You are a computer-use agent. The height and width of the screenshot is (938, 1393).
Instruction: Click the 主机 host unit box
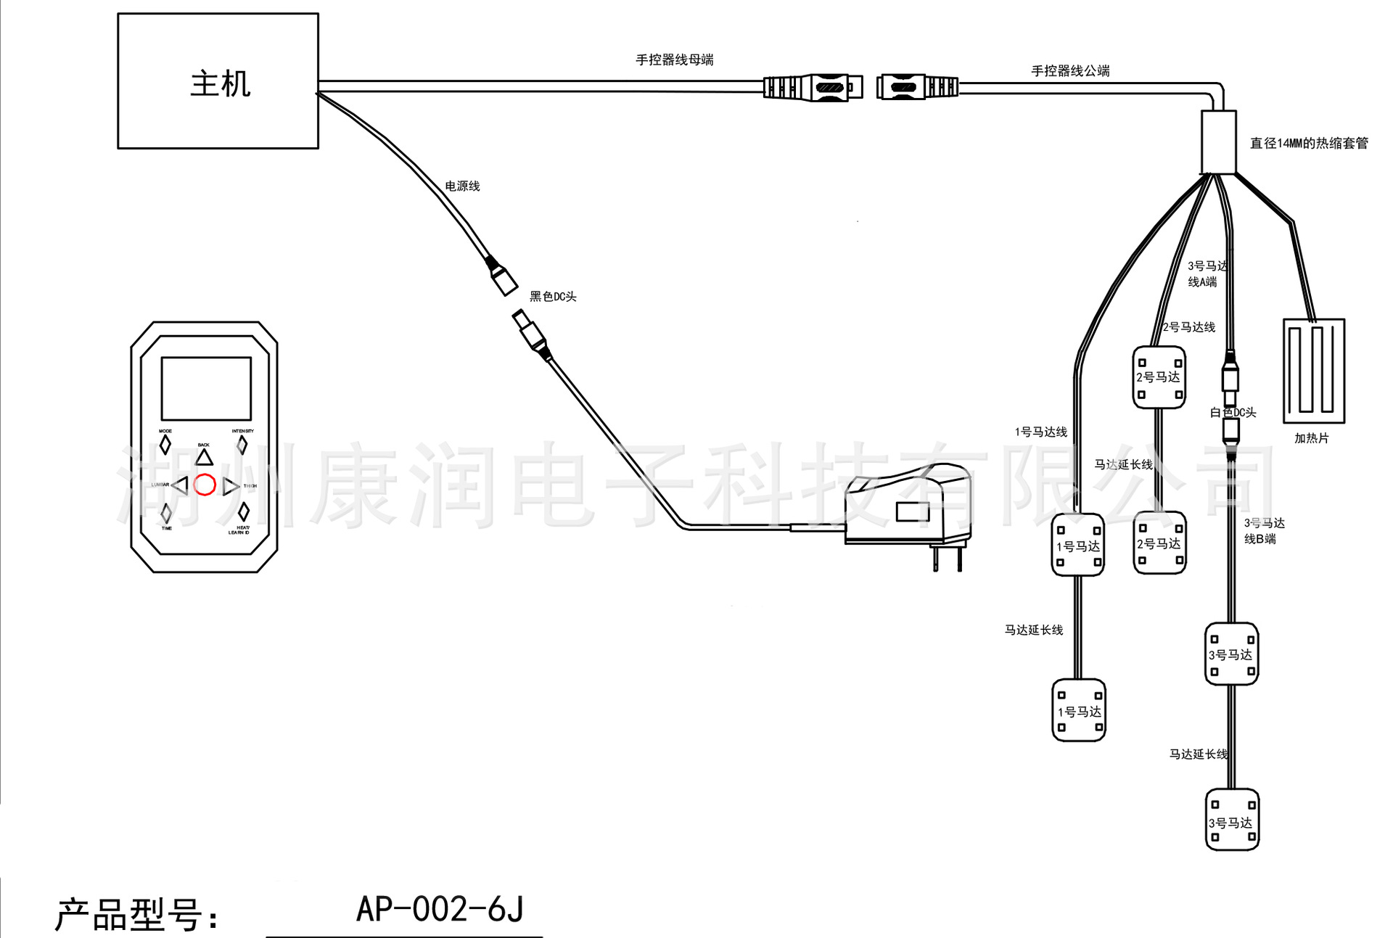pyautogui.click(x=218, y=81)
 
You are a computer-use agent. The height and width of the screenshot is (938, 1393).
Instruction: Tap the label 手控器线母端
pyautogui.click(x=674, y=60)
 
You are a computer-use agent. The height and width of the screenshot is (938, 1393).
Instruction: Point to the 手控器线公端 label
pyautogui.click(x=1070, y=71)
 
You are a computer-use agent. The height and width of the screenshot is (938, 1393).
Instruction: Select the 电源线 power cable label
pyautogui.click(x=462, y=186)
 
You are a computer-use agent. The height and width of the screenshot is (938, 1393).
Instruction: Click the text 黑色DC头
pyautogui.click(x=553, y=297)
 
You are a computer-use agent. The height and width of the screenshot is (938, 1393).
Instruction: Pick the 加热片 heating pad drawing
pyautogui.click(x=1313, y=371)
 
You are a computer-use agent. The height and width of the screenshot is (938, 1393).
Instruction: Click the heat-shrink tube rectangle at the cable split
pyautogui.click(x=1218, y=142)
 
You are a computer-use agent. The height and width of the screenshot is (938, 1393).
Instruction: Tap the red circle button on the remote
pyautogui.click(x=205, y=485)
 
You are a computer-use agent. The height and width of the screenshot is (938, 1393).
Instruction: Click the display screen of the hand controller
pyautogui.click(x=206, y=388)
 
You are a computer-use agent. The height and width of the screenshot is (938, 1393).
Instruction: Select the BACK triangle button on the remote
pyautogui.click(x=204, y=457)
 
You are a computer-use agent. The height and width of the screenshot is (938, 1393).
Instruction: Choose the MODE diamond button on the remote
pyautogui.click(x=165, y=445)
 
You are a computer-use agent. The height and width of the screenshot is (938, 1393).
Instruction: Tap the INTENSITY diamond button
pyautogui.click(x=242, y=445)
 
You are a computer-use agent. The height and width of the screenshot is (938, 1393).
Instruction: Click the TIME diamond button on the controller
pyautogui.click(x=166, y=513)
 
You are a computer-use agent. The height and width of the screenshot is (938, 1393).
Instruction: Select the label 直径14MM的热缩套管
pyautogui.click(x=1308, y=144)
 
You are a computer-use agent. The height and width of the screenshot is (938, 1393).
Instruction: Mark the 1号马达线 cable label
pyautogui.click(x=1040, y=432)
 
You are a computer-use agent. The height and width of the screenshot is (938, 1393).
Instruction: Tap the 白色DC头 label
pyautogui.click(x=1233, y=413)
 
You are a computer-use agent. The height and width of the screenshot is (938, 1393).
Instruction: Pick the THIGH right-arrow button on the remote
pyautogui.click(x=231, y=486)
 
